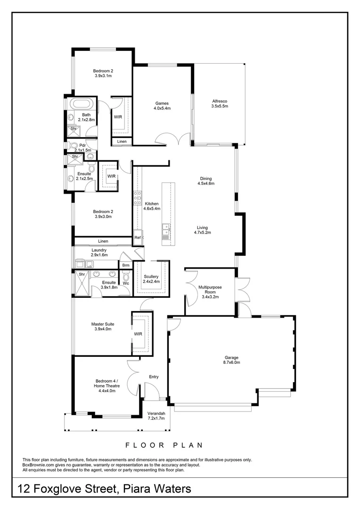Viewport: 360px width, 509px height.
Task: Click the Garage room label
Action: tap(231, 357)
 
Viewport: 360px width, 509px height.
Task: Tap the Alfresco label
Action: tap(220, 101)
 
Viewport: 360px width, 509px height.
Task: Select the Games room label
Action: tap(162, 104)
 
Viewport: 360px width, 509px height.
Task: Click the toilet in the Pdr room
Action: tap(73, 146)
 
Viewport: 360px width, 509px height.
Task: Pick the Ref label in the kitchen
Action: tap(138, 238)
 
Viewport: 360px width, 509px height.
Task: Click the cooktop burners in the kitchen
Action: tap(138, 197)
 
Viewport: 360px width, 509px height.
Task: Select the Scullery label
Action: tap(151, 277)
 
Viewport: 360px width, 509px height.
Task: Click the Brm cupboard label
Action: tap(126, 265)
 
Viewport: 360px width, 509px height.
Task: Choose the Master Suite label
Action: tap(103, 324)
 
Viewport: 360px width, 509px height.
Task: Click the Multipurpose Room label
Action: tap(210, 289)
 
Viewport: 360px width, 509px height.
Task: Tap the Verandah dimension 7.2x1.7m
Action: tap(156, 419)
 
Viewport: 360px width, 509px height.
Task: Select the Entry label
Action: tap(154, 377)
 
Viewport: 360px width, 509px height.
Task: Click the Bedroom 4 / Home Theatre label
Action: tap(107, 383)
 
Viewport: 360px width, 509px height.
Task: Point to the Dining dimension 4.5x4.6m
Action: tap(206, 183)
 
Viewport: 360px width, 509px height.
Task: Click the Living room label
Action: tap(202, 228)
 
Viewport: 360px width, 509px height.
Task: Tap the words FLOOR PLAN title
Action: tap(164, 445)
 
